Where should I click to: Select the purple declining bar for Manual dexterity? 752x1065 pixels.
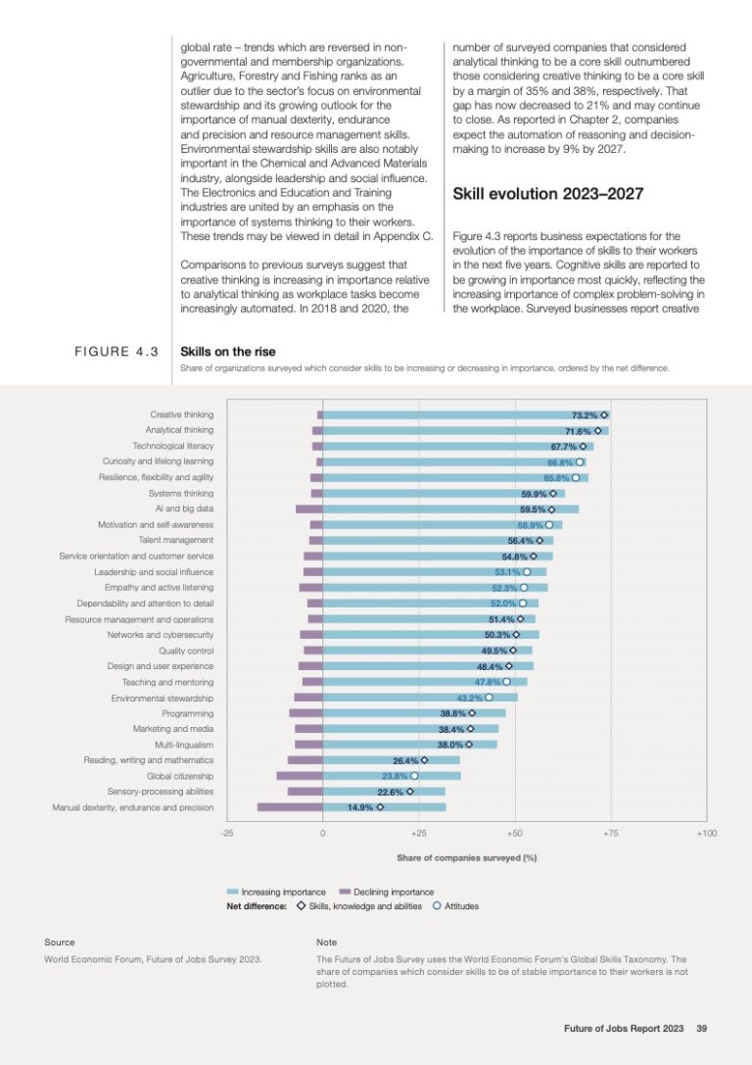[290, 807]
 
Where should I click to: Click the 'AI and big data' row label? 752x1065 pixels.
[184, 508]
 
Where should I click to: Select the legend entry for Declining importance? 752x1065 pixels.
[392, 892]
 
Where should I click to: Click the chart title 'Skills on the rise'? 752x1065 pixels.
[228, 351]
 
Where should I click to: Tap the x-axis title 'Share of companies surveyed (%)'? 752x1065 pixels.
[466, 857]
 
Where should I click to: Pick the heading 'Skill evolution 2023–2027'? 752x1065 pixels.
[547, 194]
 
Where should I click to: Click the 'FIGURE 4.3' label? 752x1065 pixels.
[117, 352]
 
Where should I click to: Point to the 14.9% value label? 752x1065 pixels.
[360, 807]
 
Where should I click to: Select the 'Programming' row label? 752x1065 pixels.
[187, 713]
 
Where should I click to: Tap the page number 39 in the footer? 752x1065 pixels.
[701, 1028]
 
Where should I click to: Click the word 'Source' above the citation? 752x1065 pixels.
[59, 942]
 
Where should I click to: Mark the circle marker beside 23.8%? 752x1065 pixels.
[415, 776]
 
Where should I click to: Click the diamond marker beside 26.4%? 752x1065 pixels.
[424, 760]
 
